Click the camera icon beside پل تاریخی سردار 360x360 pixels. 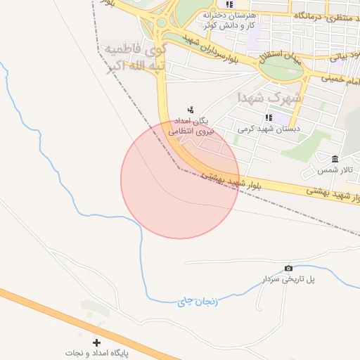pyautogui.click(x=288, y=269)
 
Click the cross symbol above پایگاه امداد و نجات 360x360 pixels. pyautogui.click(x=96, y=342)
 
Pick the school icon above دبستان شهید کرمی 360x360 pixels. pyautogui.click(x=268, y=117)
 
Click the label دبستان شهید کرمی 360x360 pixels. pyautogui.click(x=268, y=129)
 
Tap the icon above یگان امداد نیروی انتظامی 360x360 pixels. pyautogui.click(x=191, y=109)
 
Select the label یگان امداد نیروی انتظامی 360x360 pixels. pyautogui.click(x=191, y=125)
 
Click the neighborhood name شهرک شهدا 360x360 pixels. pyautogui.click(x=268, y=97)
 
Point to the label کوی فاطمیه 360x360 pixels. pyautogui.click(x=134, y=50)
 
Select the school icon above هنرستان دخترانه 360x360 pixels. pyautogui.click(x=229, y=4)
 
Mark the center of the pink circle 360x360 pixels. pyautogui.click(x=180, y=180)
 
